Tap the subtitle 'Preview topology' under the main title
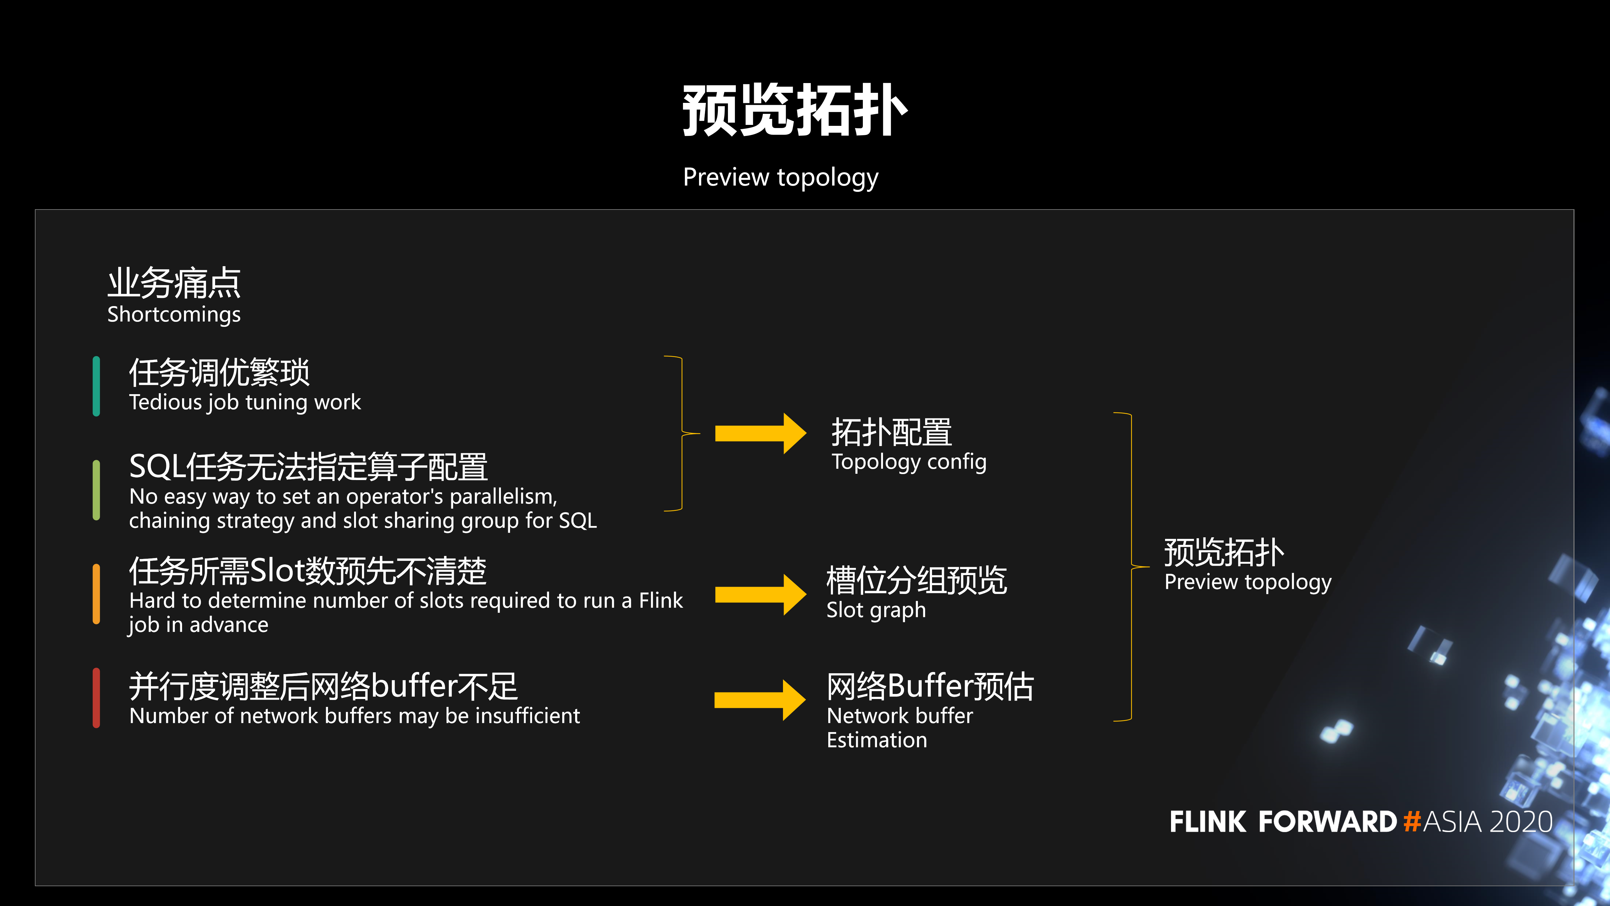(780, 177)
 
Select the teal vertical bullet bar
(96, 386)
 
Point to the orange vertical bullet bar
(96, 594)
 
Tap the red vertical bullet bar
(96, 698)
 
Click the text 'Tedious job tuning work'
(245, 402)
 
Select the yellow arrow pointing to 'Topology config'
(761, 433)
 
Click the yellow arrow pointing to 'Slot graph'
(761, 595)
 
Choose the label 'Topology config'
(909, 462)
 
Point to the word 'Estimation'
(877, 740)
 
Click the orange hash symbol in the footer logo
(1412, 822)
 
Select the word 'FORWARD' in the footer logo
(1328, 822)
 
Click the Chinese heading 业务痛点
(174, 282)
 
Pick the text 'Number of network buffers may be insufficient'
(354, 716)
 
